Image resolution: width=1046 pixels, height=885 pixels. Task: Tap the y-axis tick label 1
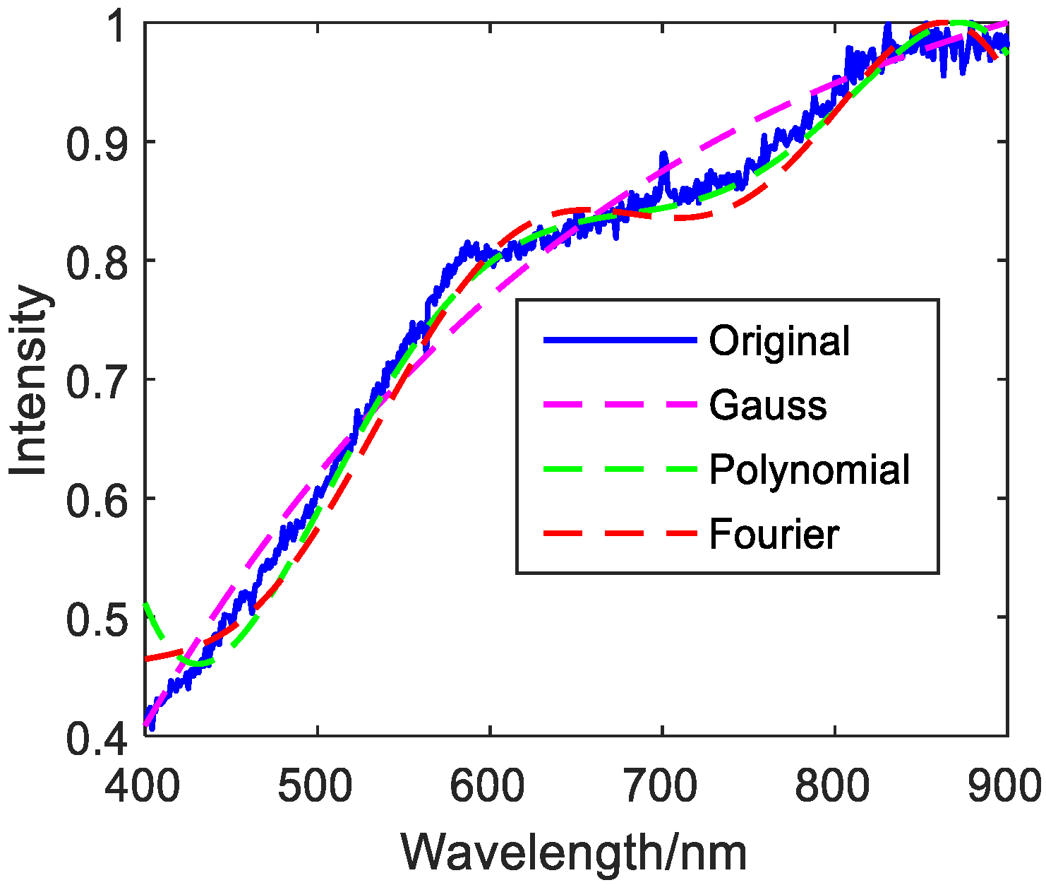coord(116,27)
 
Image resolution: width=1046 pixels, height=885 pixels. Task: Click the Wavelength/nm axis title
coord(574,853)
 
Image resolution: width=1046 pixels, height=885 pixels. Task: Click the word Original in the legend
coord(779,341)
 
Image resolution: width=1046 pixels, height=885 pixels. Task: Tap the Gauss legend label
coord(768,405)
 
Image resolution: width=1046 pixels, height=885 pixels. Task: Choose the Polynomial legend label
coord(810,470)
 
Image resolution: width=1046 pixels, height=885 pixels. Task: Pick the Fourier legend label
coord(774,534)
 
